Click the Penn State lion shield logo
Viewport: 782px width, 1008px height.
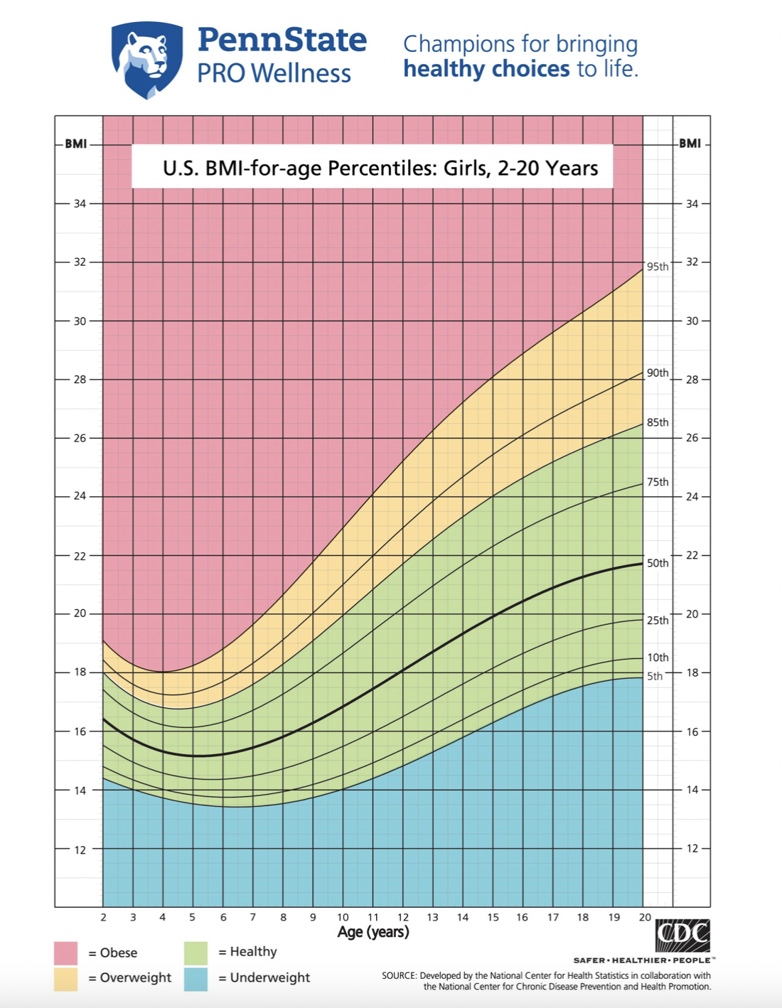tap(147, 59)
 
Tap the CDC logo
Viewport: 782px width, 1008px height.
tap(682, 935)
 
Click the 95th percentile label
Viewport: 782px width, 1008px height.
tap(658, 267)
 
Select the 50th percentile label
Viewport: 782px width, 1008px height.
tap(658, 563)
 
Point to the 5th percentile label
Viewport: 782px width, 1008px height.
tap(655, 676)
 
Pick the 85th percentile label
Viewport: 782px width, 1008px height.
tap(658, 422)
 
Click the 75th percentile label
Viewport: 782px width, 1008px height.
tap(658, 482)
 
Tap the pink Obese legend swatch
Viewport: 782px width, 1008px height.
tap(65, 953)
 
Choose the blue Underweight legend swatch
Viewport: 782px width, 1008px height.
tap(195, 978)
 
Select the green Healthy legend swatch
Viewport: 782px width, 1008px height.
tap(195, 953)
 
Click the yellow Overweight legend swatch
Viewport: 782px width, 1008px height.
tap(65, 978)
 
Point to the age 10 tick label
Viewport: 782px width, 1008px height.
tap(343, 917)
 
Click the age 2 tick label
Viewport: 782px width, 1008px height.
tap(103, 917)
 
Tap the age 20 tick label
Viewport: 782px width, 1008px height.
tap(644, 917)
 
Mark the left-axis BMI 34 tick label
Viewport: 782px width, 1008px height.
tap(80, 204)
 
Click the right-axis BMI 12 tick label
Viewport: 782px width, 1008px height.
tap(692, 848)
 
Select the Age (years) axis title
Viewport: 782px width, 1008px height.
tap(373, 932)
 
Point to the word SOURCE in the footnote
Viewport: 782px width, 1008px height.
tap(399, 975)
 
